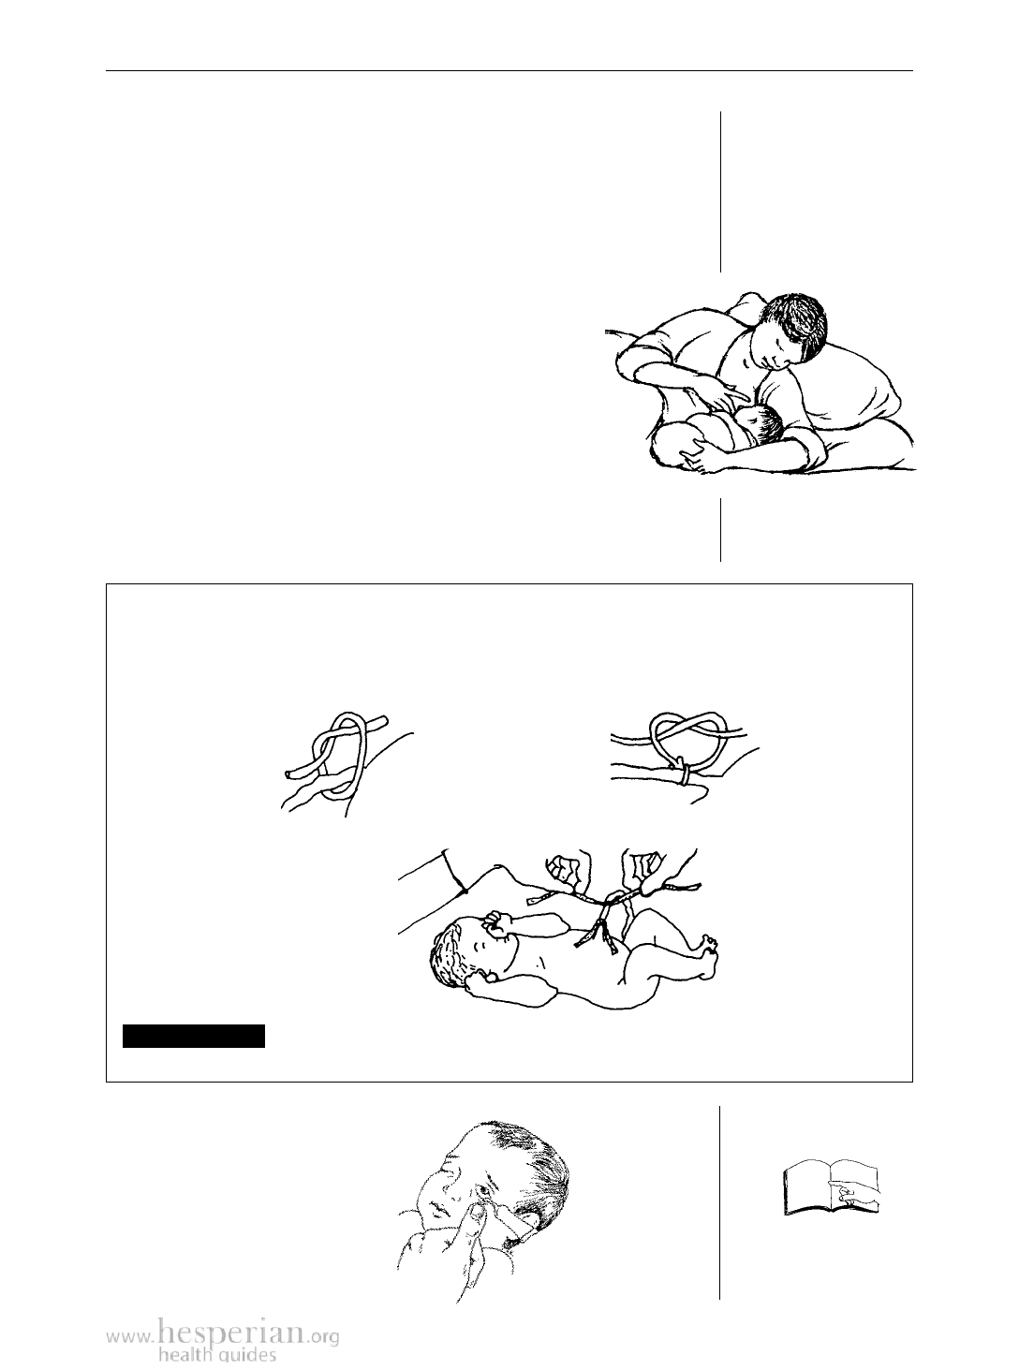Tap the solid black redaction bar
click(x=194, y=1036)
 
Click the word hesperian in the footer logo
click(x=231, y=1333)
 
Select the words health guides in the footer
click(x=217, y=1356)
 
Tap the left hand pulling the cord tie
click(x=568, y=872)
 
